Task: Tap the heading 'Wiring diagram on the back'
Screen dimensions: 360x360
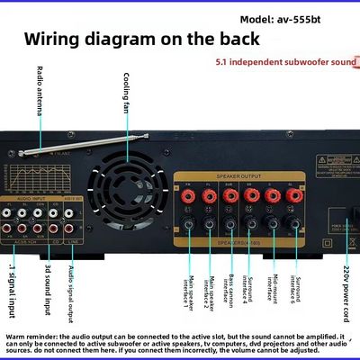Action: [141, 40]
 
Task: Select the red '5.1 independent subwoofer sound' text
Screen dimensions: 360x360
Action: [287, 64]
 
